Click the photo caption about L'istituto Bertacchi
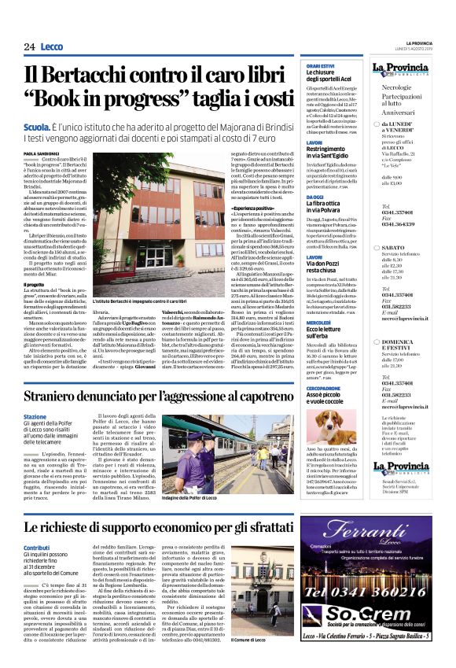pyautogui.click(x=140, y=301)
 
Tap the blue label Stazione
pyautogui.click(x=57, y=417)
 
